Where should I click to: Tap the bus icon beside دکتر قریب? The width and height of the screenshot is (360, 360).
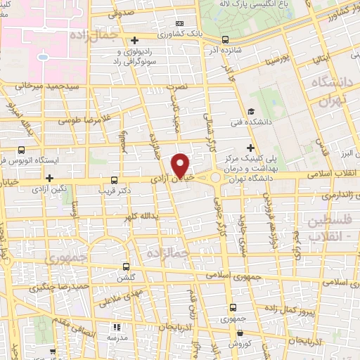tap(115, 180)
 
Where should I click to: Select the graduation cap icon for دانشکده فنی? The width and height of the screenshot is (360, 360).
tap(251, 110)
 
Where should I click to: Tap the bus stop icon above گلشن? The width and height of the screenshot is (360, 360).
tap(127, 266)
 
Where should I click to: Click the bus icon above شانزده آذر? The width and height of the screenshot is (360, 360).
tap(224, 40)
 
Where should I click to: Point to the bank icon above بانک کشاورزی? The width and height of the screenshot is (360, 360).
tap(178, 23)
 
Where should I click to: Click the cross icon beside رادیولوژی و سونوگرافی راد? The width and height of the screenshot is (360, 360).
tap(134, 40)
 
